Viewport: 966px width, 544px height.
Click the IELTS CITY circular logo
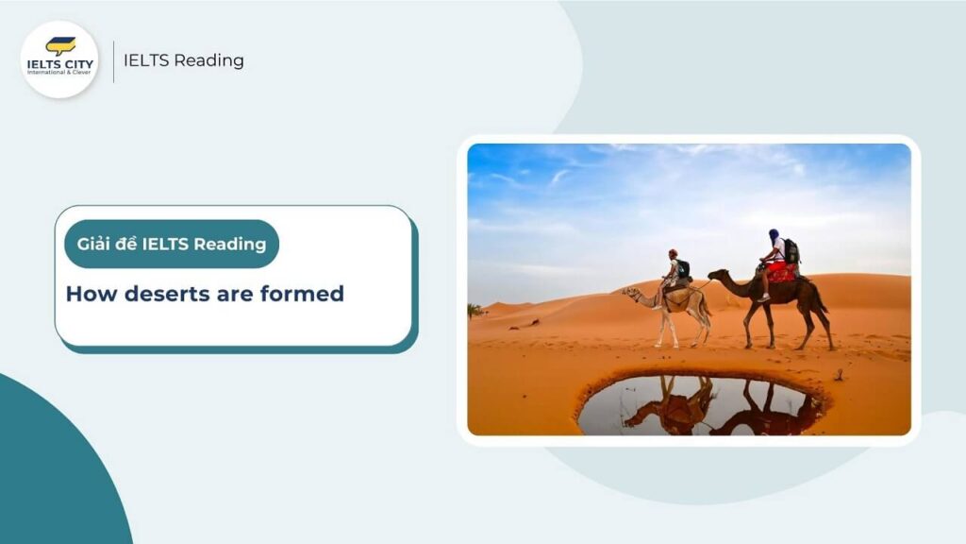pos(59,59)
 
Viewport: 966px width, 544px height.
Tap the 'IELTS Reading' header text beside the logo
pos(184,60)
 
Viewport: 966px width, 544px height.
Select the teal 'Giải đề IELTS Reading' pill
pos(172,245)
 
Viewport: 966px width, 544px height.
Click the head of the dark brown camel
pos(714,276)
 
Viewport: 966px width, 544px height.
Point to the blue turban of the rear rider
pos(774,235)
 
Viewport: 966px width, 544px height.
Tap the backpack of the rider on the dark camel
pos(791,251)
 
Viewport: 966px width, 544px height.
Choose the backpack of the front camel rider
pos(683,268)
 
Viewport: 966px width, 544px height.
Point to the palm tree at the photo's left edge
pos(475,310)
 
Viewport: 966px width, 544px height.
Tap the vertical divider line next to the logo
pos(113,60)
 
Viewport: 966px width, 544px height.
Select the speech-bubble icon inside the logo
pos(60,45)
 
